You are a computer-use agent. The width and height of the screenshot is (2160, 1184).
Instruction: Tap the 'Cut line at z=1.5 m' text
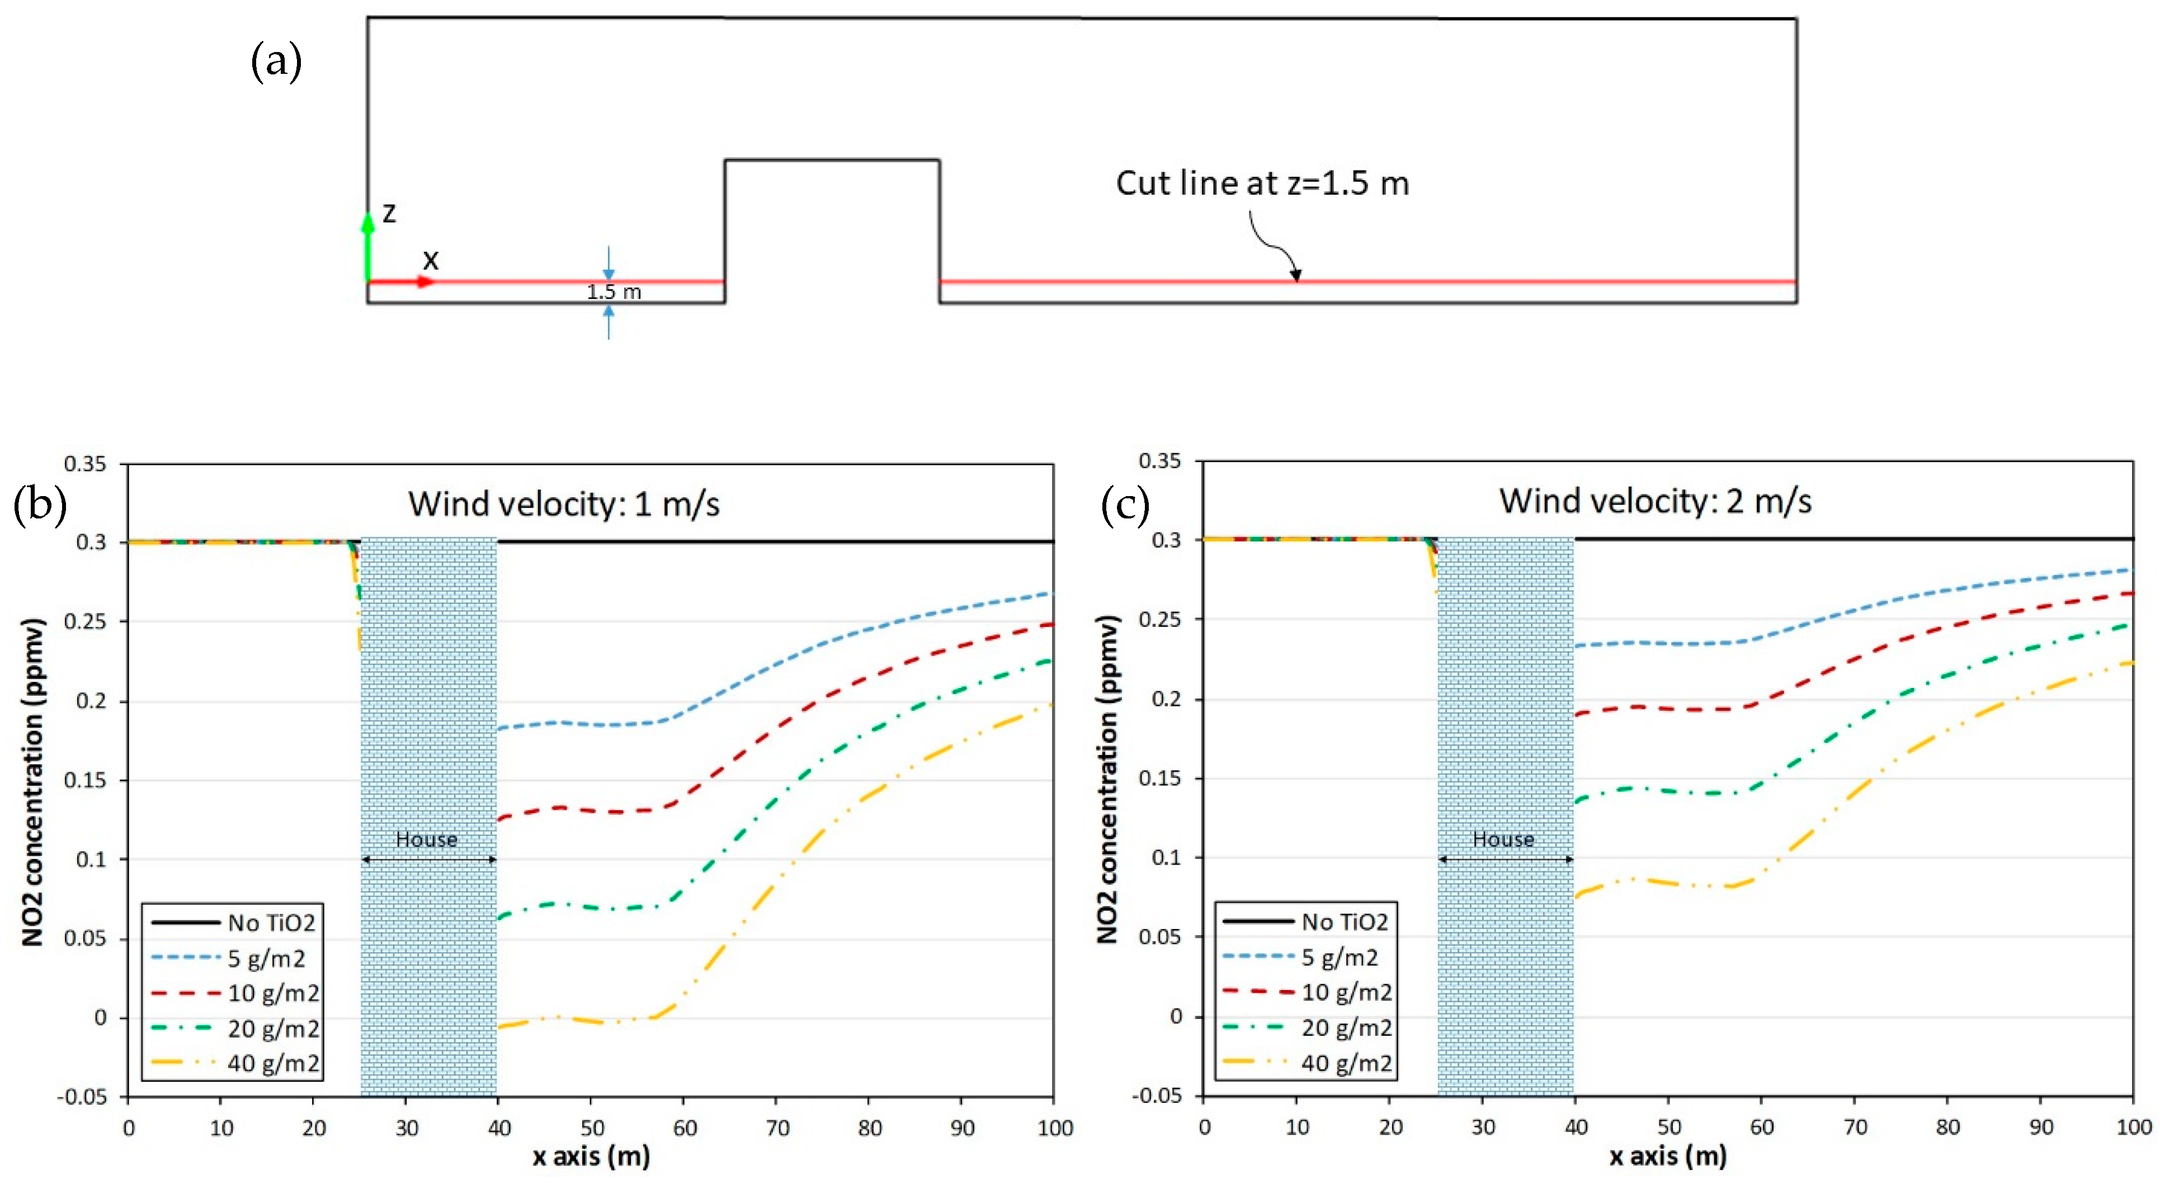click(1262, 183)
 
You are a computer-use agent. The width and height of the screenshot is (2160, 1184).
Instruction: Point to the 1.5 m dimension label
click(613, 292)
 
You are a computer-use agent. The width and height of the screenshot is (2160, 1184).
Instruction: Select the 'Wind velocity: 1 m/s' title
click(563, 504)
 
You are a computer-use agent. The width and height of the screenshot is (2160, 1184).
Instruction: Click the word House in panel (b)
click(426, 839)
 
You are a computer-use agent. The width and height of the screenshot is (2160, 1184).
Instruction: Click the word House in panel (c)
click(1503, 839)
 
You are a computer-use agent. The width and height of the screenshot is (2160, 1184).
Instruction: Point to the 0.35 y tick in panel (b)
click(86, 464)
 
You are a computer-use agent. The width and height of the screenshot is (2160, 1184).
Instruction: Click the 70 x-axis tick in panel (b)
click(777, 1128)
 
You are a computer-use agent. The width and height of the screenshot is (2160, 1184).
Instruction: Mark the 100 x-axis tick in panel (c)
click(2133, 1127)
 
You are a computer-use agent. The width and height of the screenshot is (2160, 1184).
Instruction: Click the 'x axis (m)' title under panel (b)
click(591, 1157)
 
